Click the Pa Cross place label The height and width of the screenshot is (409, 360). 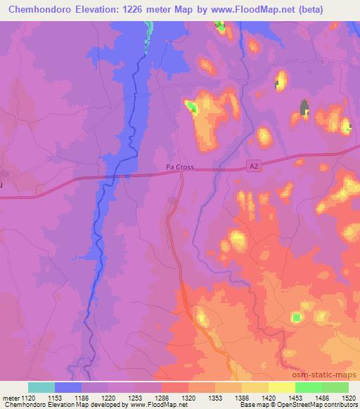pyautogui.click(x=179, y=168)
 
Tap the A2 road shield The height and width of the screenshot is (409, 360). pyautogui.click(x=254, y=164)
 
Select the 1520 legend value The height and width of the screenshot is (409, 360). pyautogui.click(x=348, y=397)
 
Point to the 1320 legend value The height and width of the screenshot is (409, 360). pyautogui.click(x=187, y=397)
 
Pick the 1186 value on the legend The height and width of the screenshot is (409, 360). pyautogui.click(x=94, y=397)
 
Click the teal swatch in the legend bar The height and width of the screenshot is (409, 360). pyautogui.click(x=41, y=387)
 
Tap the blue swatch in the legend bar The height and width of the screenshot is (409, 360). pyautogui.click(x=68, y=387)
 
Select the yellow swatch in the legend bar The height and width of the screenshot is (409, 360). pyautogui.click(x=282, y=387)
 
